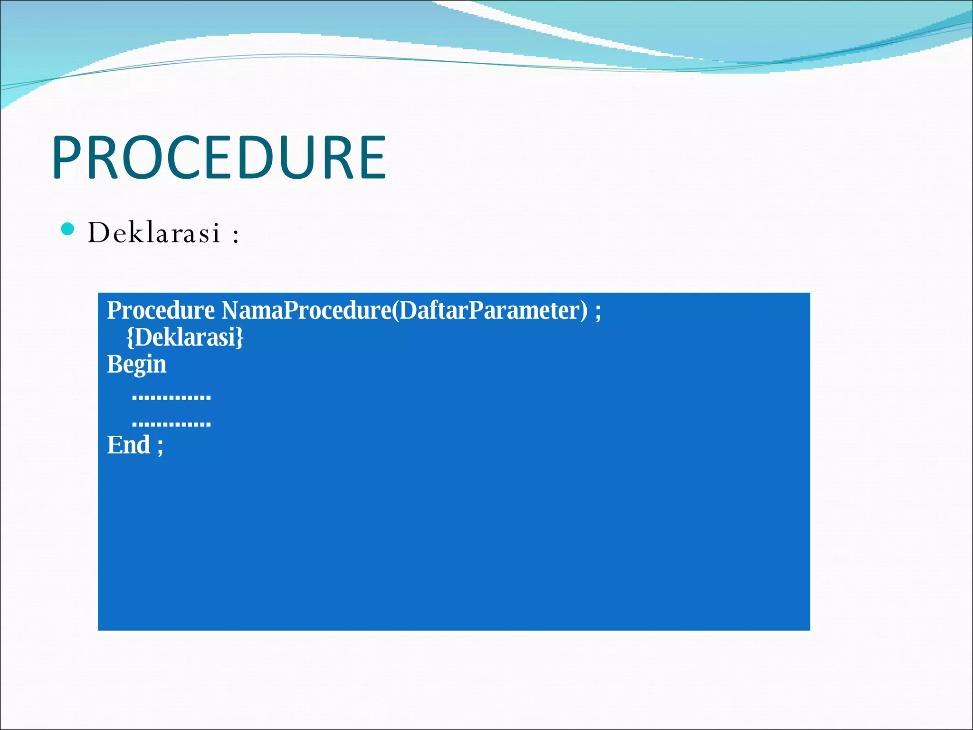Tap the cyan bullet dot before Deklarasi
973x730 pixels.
click(x=68, y=229)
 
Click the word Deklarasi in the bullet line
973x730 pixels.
click(x=154, y=233)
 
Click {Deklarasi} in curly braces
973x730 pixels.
click(x=185, y=337)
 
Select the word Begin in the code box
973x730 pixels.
click(x=136, y=365)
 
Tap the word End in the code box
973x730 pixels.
click(x=128, y=445)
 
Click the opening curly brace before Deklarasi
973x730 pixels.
click(x=130, y=337)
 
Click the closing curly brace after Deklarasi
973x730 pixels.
click(x=240, y=337)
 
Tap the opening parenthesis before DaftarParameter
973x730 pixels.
click(x=395, y=311)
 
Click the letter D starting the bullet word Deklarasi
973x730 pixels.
click(x=99, y=233)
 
